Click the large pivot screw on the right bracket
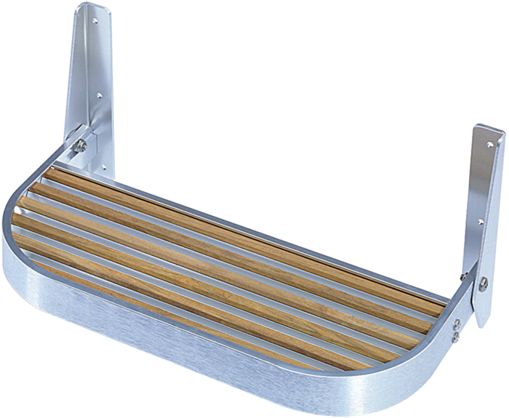click(x=483, y=284)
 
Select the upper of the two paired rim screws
click(x=456, y=326)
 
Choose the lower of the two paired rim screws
click(x=455, y=337)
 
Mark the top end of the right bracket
click(x=489, y=131)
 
